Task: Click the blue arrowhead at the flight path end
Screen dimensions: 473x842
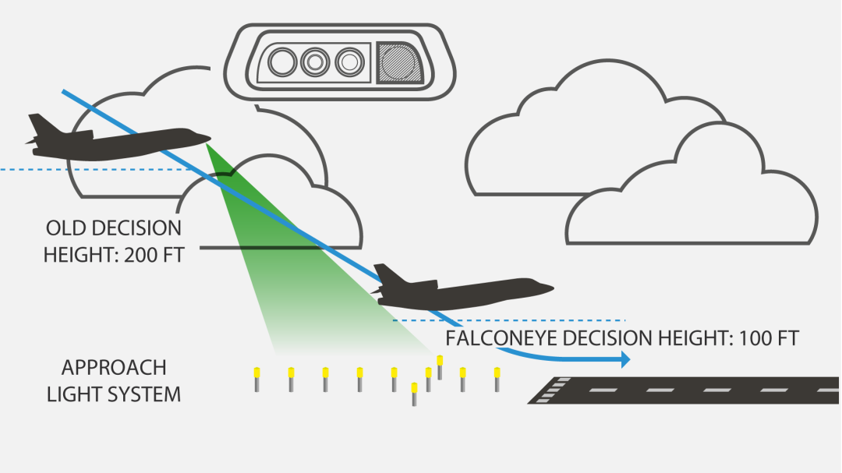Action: point(624,360)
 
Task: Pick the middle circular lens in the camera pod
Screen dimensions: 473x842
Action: point(315,62)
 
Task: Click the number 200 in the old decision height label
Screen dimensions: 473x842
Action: point(139,255)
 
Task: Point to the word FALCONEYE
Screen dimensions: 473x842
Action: point(504,339)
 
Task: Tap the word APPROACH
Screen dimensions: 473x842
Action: point(114,368)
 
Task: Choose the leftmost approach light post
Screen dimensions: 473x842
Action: point(256,379)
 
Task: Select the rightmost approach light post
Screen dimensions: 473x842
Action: point(497,379)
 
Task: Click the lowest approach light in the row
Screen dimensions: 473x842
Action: point(414,394)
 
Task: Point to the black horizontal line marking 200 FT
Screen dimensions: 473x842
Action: point(257,249)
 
